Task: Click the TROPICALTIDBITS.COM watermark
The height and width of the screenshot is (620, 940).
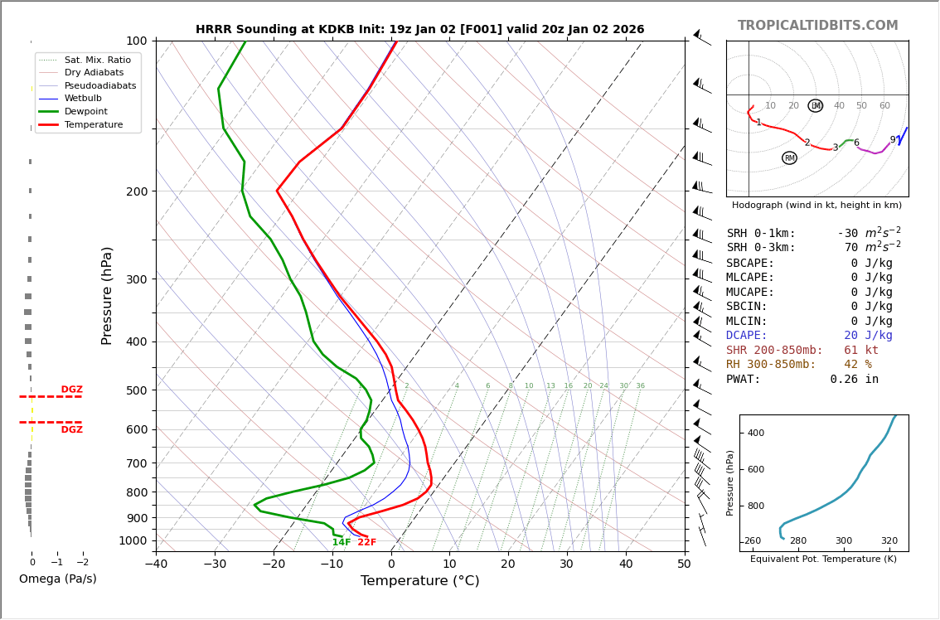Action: point(817,26)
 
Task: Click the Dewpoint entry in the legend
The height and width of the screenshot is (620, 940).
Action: point(86,111)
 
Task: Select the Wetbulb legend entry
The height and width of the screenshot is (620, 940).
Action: point(83,99)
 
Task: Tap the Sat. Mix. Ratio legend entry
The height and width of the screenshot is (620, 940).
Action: point(97,60)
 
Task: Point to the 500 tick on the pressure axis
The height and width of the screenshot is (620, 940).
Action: point(137,390)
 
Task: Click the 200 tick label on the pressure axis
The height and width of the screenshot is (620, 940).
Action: point(137,191)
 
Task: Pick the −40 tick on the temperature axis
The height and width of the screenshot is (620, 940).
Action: point(156,564)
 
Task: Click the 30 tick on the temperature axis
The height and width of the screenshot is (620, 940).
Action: point(566,564)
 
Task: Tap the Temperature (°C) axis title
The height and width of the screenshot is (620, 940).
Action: point(419,581)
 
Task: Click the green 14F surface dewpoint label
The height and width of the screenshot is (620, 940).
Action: point(342,543)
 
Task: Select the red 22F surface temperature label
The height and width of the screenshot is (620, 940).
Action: point(366,543)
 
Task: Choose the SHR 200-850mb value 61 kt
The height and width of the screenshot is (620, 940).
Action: point(861,351)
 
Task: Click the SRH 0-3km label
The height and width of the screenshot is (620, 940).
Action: point(761,248)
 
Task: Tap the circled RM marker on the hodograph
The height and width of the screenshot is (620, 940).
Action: point(789,158)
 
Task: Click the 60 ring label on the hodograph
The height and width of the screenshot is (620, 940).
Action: point(884,106)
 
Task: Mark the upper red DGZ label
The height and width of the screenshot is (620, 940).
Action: point(71,390)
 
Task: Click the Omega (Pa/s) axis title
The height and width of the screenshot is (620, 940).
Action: point(57,579)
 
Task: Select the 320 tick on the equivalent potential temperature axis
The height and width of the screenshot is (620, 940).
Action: point(889,541)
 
